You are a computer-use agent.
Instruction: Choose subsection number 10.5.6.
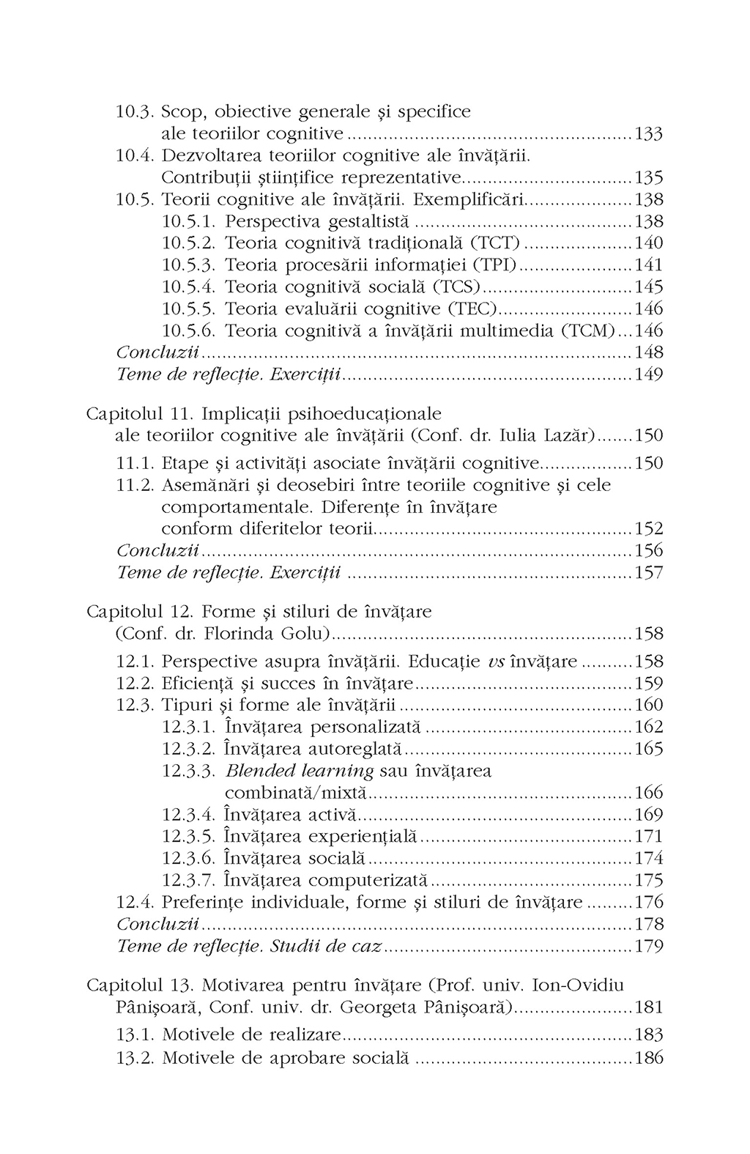[x=189, y=331]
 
